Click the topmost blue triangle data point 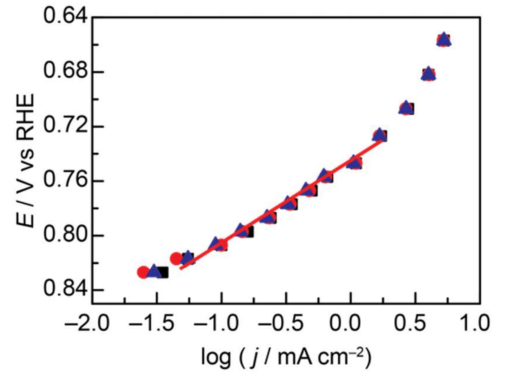click(444, 39)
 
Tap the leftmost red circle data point click(143, 272)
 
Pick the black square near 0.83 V click(163, 272)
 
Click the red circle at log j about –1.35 click(176, 258)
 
